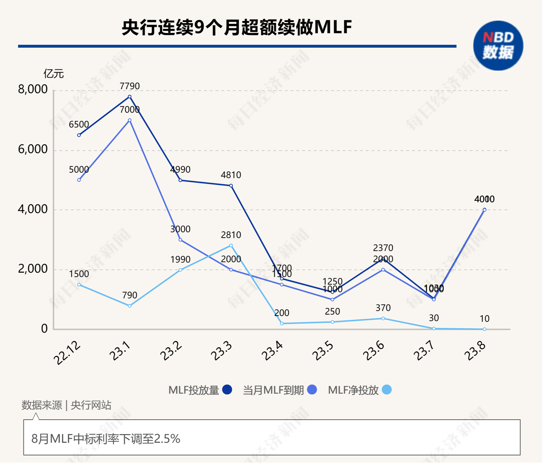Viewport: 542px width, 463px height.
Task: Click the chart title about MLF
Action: pyautogui.click(x=237, y=27)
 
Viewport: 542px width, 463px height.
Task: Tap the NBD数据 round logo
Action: pyautogui.click(x=498, y=46)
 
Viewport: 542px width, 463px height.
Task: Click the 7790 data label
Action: pyautogui.click(x=129, y=86)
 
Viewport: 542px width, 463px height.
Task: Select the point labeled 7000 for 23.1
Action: pyautogui.click(x=130, y=120)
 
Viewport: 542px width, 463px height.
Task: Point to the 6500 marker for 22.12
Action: pyautogui.click(x=79, y=135)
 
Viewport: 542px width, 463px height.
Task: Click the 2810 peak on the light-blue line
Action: pyautogui.click(x=231, y=246)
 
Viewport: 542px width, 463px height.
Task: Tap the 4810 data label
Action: pyautogui.click(x=231, y=175)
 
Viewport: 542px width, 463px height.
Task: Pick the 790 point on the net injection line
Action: pyautogui.click(x=130, y=306)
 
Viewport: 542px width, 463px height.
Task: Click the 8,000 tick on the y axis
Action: pyautogui.click(x=33, y=89)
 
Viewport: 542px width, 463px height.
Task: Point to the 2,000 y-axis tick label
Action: pyautogui.click(x=33, y=269)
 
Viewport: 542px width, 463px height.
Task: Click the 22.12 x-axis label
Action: pyautogui.click(x=67, y=353)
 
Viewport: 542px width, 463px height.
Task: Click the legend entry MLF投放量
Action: pyautogui.click(x=200, y=390)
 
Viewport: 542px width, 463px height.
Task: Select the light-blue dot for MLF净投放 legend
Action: pyautogui.click(x=386, y=390)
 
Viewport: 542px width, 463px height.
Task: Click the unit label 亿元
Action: pyautogui.click(x=53, y=74)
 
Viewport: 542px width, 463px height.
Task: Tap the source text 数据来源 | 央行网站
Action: pyautogui.click(x=66, y=405)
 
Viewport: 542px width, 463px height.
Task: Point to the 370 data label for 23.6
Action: pyautogui.click(x=383, y=308)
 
